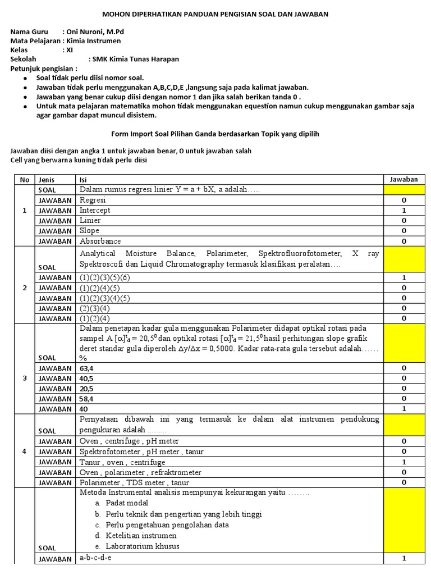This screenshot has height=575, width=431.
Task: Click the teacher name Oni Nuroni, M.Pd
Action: point(95,31)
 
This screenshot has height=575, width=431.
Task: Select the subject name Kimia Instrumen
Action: point(93,40)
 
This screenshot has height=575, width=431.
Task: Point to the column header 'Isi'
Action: point(84,180)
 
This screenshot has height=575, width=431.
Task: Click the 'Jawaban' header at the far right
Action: point(404,180)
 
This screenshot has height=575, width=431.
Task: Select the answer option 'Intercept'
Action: point(95,211)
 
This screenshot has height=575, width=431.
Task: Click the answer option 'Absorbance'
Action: point(100,241)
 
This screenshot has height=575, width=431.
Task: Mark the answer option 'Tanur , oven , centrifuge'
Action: point(122,462)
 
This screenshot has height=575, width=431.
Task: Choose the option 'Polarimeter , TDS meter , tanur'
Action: point(134,482)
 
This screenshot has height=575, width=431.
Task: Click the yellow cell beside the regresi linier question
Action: point(404,190)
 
